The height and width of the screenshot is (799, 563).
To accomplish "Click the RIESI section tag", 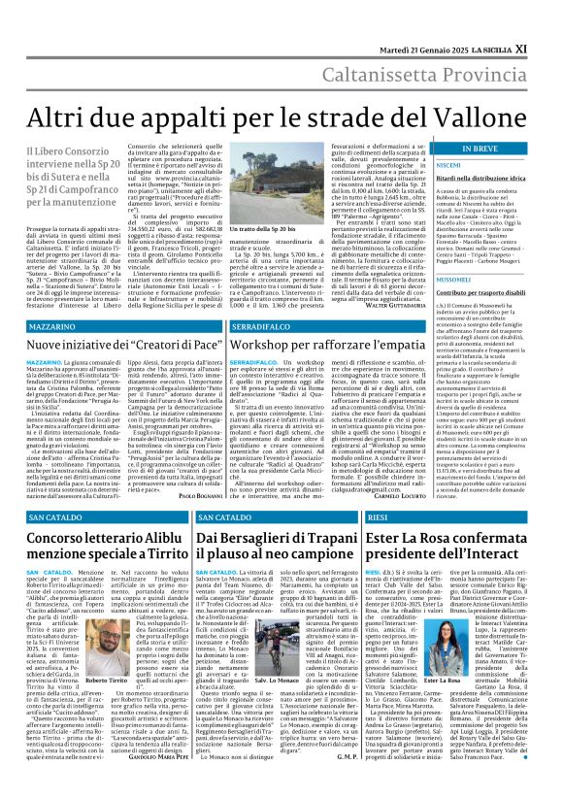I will click(380, 518).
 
